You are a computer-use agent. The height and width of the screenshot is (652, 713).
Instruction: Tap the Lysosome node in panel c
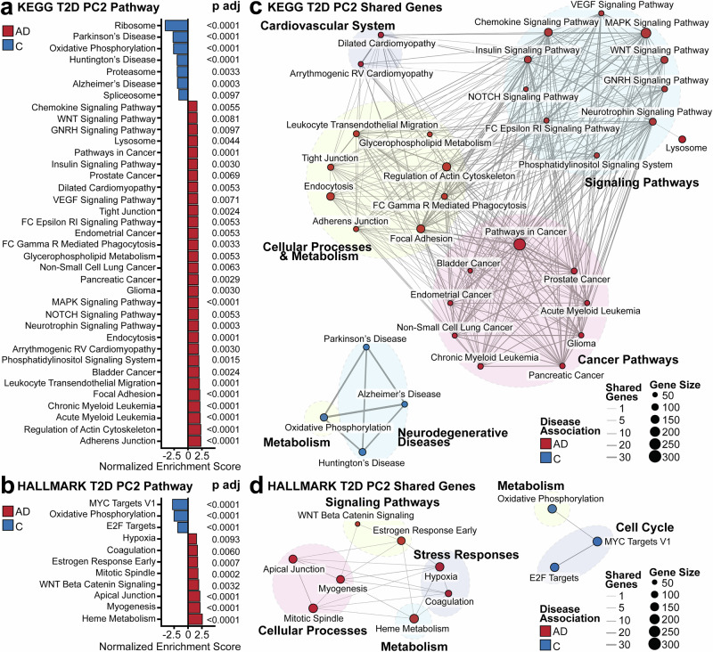[682, 140]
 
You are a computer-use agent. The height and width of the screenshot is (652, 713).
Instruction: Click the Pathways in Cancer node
[520, 244]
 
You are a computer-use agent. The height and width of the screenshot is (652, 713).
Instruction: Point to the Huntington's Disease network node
[362, 452]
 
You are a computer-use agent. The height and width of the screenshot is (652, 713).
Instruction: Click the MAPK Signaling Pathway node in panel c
[646, 33]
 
